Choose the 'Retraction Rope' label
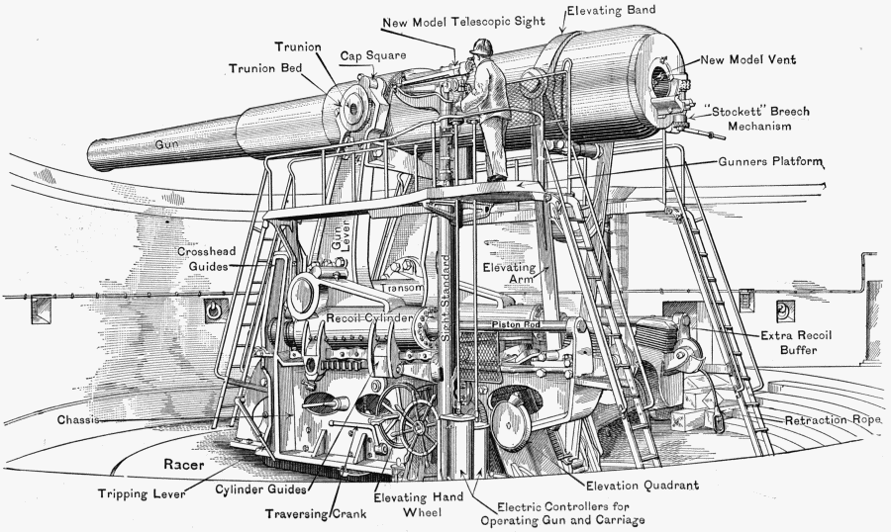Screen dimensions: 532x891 click(x=833, y=420)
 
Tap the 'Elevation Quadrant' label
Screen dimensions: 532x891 click(x=643, y=486)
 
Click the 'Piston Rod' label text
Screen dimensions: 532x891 click(x=512, y=323)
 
